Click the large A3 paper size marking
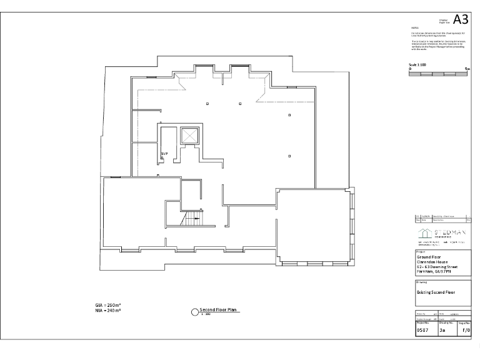(x=461, y=19)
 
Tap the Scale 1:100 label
(x=417, y=64)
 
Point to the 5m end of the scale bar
(x=467, y=69)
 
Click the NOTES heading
(x=414, y=28)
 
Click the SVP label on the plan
(x=164, y=153)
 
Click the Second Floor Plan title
(x=219, y=309)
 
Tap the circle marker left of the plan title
(x=194, y=311)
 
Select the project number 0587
(x=423, y=331)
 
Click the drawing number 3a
(x=442, y=331)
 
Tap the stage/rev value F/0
(x=465, y=331)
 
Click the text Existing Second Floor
(x=436, y=292)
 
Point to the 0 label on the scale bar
(x=410, y=69)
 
